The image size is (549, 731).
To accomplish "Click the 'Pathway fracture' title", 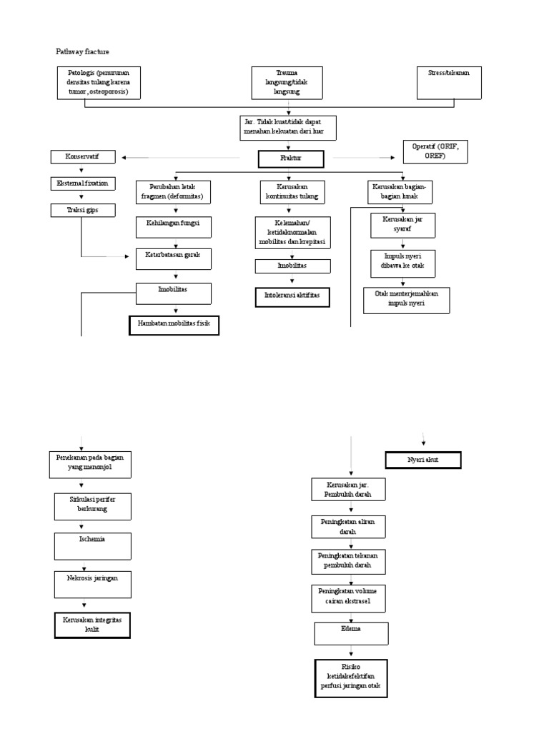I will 83,51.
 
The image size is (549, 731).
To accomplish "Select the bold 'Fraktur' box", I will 292,158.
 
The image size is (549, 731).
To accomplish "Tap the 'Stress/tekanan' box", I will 448,82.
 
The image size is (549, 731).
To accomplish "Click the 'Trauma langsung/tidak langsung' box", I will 287,83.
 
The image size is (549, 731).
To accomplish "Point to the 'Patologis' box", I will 99,82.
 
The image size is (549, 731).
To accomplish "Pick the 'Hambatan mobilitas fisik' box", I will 174,326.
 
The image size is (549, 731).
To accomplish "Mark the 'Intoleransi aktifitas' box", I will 292,297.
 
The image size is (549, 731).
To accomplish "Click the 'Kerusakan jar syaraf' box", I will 402,225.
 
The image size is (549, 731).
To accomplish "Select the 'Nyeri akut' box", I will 422,460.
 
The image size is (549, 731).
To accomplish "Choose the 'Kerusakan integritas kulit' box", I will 92,625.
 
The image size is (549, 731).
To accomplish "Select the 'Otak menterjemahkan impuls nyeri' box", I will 406,301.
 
